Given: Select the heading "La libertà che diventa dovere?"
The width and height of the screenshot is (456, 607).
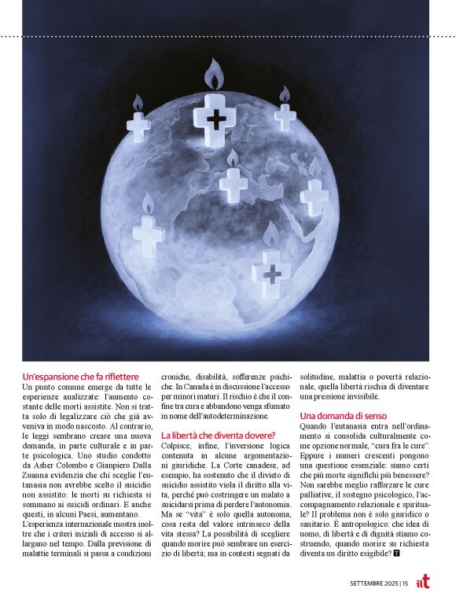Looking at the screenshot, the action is tap(218, 435).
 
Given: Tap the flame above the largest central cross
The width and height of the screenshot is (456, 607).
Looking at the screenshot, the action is tap(215, 75).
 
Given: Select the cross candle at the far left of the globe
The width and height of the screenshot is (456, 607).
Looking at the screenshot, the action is tap(138, 126).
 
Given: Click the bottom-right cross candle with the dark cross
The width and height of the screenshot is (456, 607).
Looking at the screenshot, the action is tap(271, 274).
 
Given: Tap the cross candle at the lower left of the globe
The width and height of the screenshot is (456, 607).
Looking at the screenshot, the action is tap(148, 234).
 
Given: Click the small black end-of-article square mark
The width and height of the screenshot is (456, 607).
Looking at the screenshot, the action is tap(397, 553).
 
